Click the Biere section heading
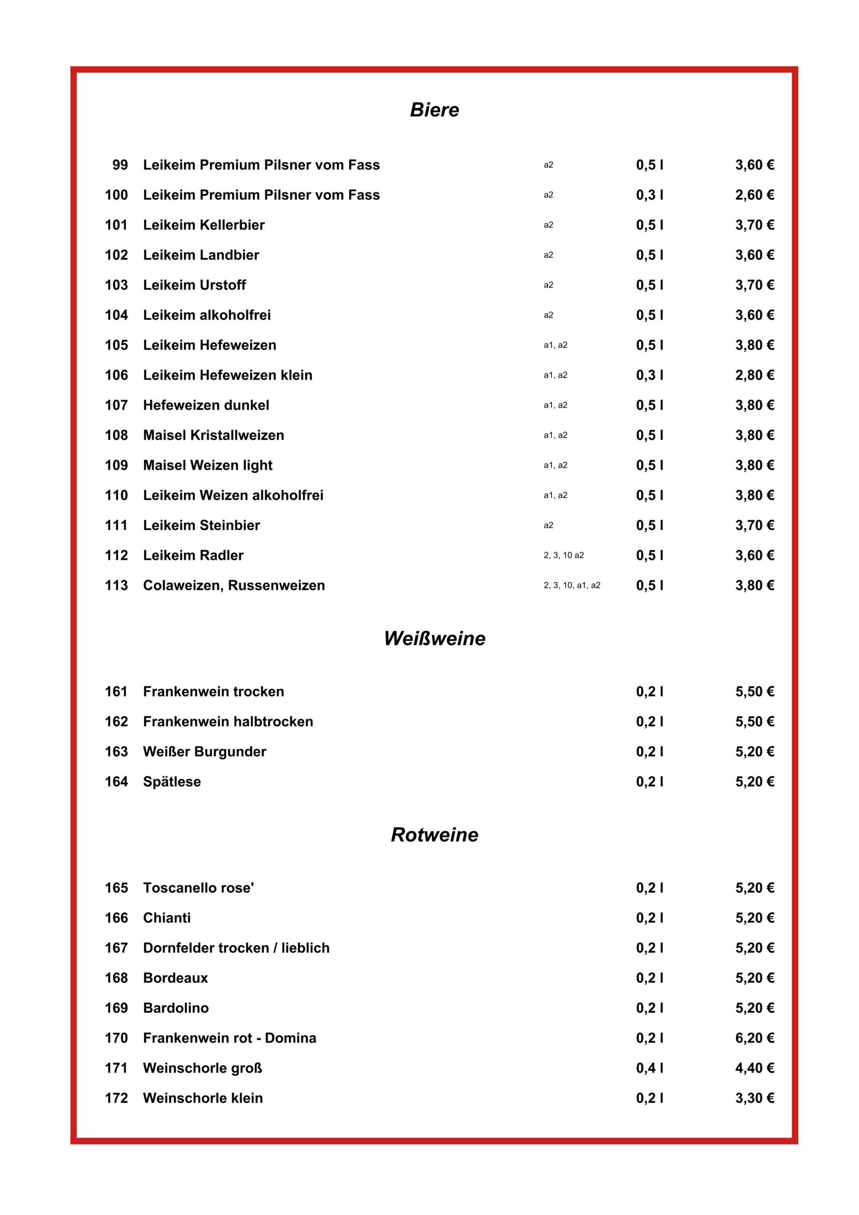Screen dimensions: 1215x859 pyautogui.click(x=435, y=110)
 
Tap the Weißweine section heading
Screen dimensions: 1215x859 pyautogui.click(x=435, y=638)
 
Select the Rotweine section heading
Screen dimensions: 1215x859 pyautogui.click(x=435, y=834)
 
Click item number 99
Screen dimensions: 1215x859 pyautogui.click(x=120, y=165)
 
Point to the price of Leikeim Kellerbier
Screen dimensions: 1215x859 pyautogui.click(x=754, y=225)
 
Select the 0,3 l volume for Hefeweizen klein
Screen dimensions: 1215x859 pyautogui.click(x=649, y=375)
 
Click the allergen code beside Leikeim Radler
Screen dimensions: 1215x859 pyautogui.click(x=564, y=555)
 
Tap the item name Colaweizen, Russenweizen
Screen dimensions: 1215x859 pyautogui.click(x=234, y=585)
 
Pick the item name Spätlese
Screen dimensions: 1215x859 pyautogui.click(x=172, y=782)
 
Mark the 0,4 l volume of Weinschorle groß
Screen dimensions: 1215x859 pyautogui.click(x=649, y=1068)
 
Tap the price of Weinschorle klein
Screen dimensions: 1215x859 pyautogui.click(x=754, y=1098)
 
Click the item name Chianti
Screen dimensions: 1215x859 pyautogui.click(x=167, y=917)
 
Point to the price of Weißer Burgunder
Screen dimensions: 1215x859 pyautogui.click(x=754, y=751)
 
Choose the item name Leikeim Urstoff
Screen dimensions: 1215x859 pyautogui.click(x=195, y=285)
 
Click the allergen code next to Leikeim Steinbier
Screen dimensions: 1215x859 pyautogui.click(x=548, y=525)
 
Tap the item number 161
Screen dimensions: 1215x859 pyautogui.click(x=116, y=692)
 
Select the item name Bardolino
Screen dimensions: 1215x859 pyautogui.click(x=176, y=1008)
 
